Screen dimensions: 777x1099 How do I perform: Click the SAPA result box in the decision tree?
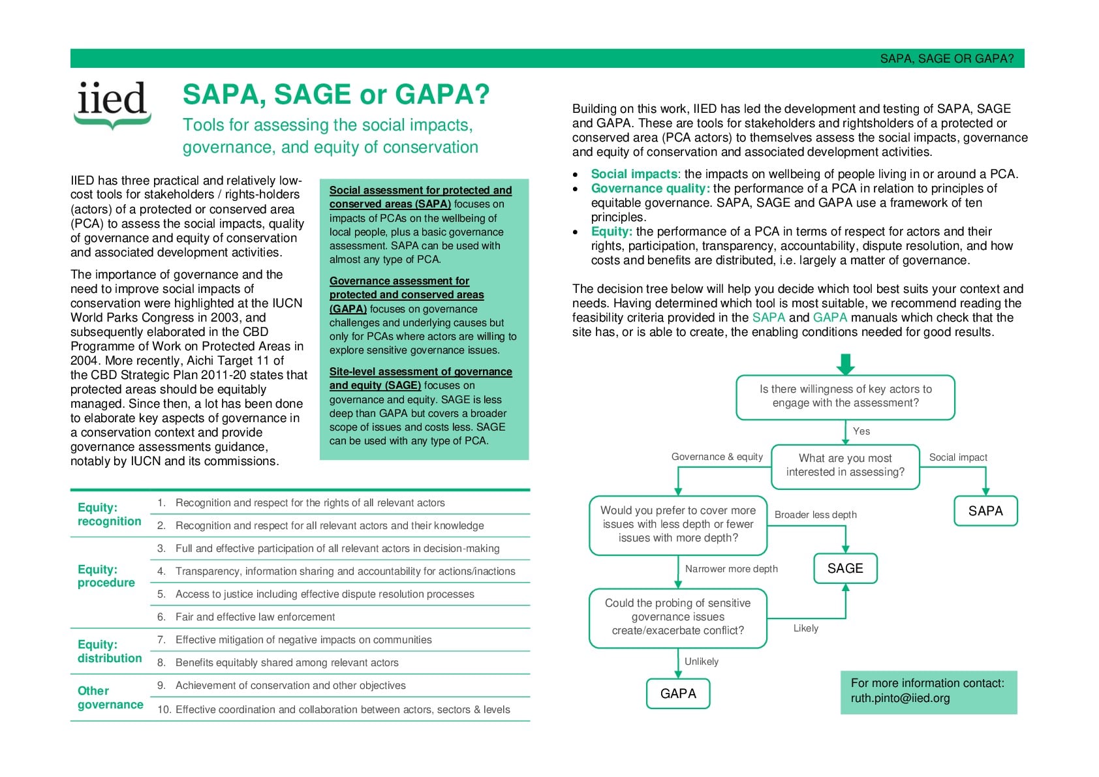coord(985,511)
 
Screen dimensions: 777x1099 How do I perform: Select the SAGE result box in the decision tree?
coord(845,568)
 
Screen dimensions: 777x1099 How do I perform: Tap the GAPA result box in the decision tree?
coord(678,693)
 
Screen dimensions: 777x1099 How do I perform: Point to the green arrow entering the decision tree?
coord(846,364)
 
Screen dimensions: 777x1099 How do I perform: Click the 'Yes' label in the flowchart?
coord(861,431)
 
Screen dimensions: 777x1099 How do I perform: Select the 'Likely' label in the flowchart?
coord(805,628)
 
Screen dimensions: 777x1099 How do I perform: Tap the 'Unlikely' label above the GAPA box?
coord(701,662)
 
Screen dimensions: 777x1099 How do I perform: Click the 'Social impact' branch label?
coord(957,457)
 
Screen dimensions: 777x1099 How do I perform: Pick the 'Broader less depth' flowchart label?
coord(815,515)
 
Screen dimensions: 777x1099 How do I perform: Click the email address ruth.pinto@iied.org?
coord(900,698)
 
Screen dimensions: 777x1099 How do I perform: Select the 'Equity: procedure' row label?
coord(106,576)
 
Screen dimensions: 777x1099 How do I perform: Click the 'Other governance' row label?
coord(110,697)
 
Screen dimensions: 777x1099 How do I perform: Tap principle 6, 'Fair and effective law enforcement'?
coord(255,617)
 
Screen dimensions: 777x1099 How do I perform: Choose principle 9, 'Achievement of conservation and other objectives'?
coord(290,686)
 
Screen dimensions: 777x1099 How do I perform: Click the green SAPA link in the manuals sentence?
coord(768,318)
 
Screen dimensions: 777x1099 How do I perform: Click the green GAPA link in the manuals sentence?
coord(829,318)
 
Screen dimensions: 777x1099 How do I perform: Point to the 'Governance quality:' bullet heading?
coord(650,189)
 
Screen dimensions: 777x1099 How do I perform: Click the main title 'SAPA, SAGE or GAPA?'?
coord(335,95)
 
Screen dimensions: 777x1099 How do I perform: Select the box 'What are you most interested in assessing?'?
coord(845,465)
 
